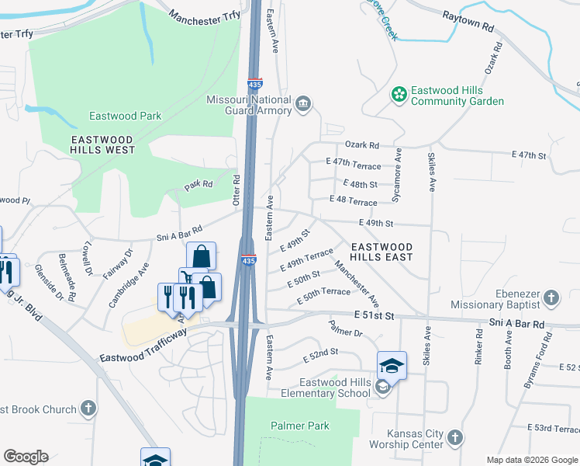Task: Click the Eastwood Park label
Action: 125,116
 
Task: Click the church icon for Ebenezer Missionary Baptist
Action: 551,298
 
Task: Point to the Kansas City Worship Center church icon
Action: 455,438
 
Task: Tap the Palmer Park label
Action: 300,426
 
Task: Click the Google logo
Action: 26,457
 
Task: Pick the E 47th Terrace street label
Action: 357,166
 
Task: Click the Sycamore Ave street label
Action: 396,175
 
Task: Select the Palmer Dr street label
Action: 345,329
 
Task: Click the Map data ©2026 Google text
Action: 532,460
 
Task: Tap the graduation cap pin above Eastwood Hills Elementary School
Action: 392,365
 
